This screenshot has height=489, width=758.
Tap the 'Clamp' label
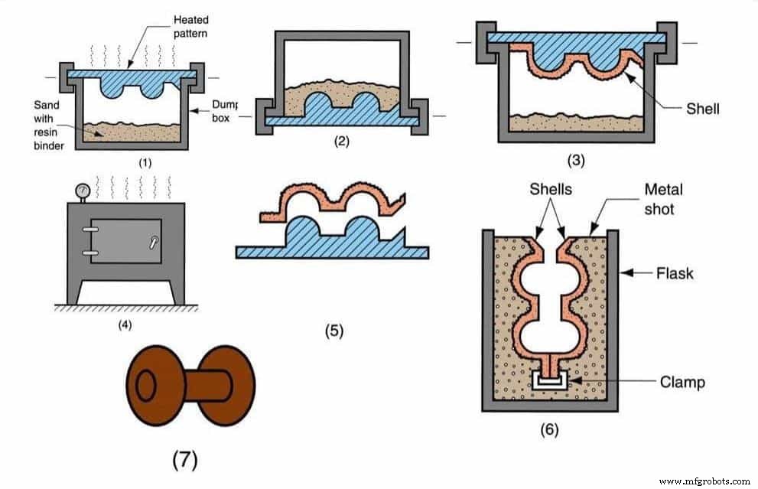(x=682, y=382)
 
